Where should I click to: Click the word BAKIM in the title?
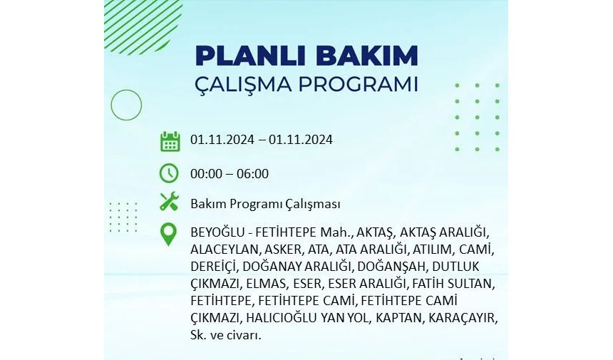point(367,56)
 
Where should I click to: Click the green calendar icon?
point(170,141)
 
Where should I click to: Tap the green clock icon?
point(169,173)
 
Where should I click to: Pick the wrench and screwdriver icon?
point(169,202)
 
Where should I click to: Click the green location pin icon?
point(168,235)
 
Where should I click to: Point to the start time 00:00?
point(207,173)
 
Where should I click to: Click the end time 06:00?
point(252,173)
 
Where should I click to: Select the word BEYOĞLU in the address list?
point(217,232)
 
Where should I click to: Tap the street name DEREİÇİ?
point(214,267)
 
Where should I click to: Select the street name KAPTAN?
point(400,318)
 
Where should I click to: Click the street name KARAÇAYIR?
point(463,318)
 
